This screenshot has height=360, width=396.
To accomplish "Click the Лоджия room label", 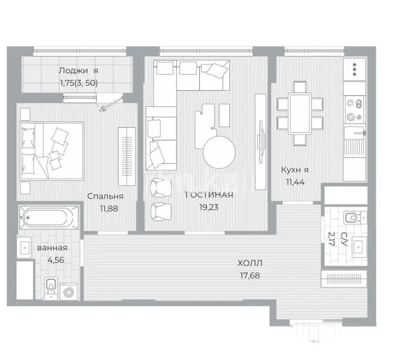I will pos(78,71).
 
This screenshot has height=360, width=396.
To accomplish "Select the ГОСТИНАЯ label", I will pos(209,195).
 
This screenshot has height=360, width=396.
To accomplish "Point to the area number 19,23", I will pos(209,208).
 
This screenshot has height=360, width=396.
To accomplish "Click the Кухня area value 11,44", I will pos(295,182).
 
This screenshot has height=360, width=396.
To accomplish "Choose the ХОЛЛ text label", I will pos(250,263).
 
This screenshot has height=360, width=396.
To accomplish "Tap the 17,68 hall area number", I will pos(250,275).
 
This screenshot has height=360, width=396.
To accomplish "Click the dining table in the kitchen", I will pos(300,114).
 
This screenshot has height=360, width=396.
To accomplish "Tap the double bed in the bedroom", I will pos(52,150).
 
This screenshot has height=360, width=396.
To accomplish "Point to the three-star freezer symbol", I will pos(355,65).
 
